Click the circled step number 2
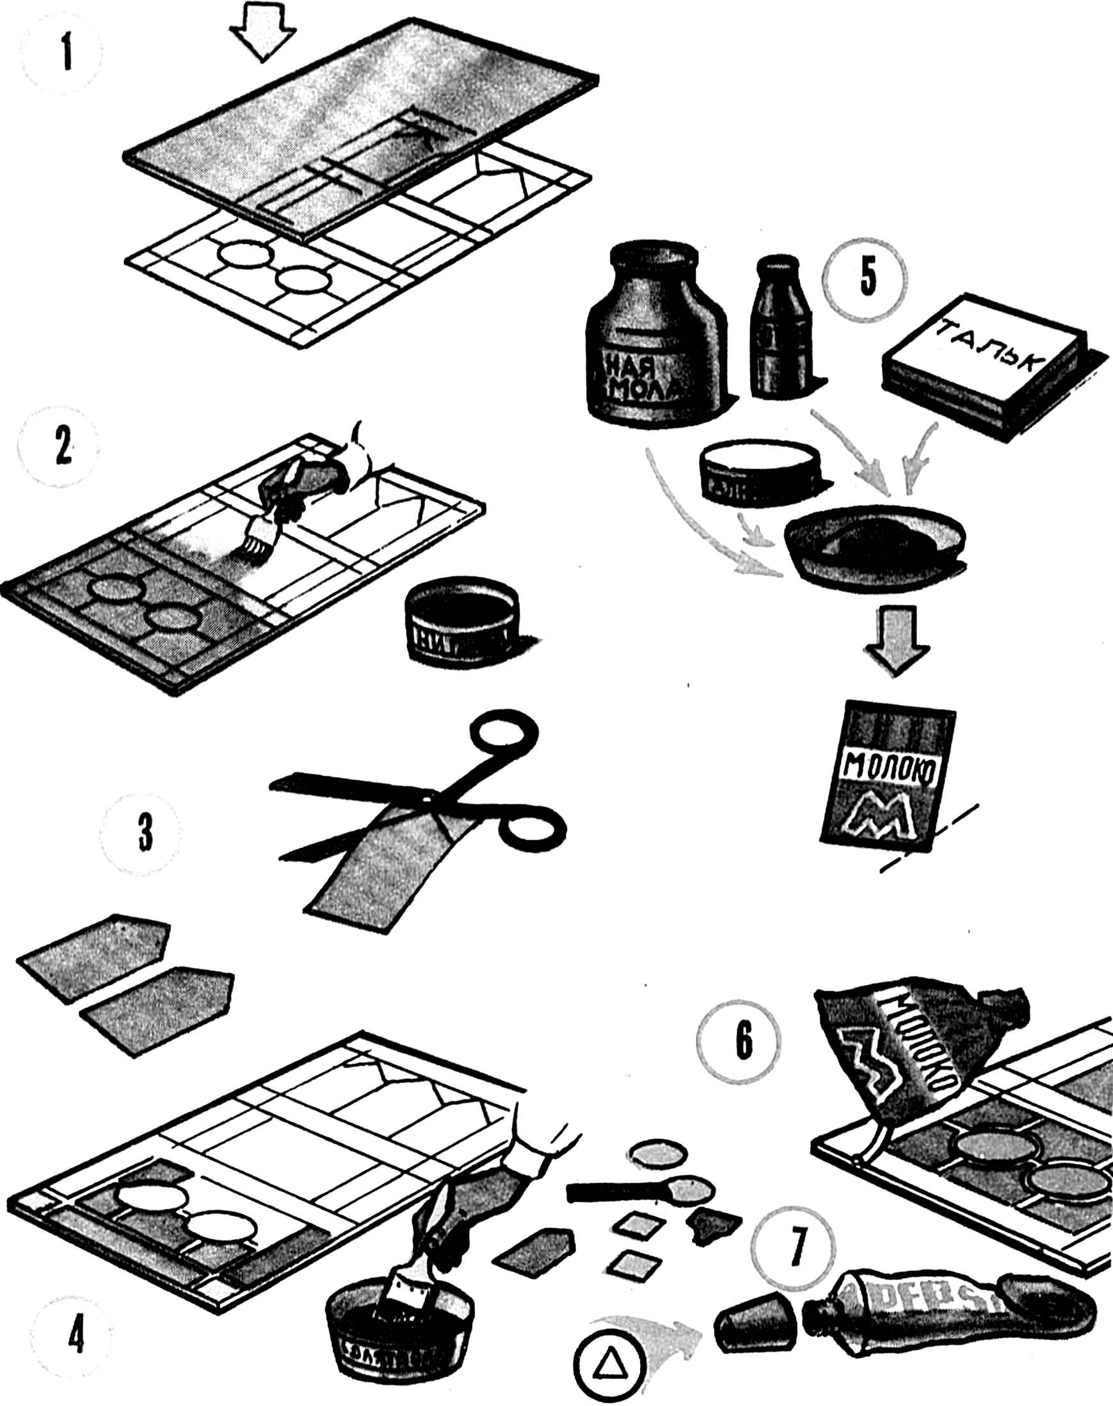[61, 452]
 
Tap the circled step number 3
[145, 834]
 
